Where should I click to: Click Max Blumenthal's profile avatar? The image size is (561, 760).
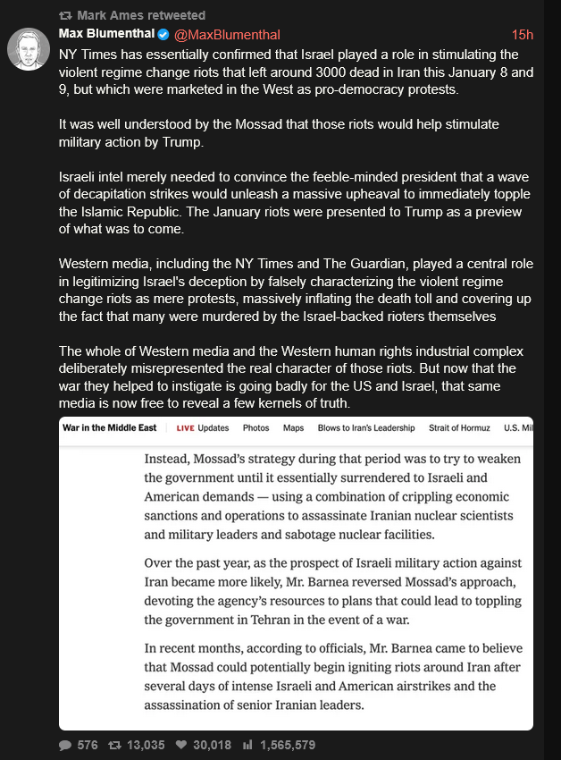pyautogui.click(x=28, y=48)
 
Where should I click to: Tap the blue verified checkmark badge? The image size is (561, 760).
pyautogui.click(x=163, y=35)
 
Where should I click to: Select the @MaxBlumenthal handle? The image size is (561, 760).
pyautogui.click(x=227, y=35)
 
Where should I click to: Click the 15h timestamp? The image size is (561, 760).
pyautogui.click(x=522, y=35)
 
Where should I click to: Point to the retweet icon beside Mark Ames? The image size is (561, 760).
pyautogui.click(x=64, y=15)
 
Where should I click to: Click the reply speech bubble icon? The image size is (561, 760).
pyautogui.click(x=65, y=745)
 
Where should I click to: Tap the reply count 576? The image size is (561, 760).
pyautogui.click(x=87, y=745)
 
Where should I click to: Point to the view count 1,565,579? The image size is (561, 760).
pyautogui.click(x=287, y=745)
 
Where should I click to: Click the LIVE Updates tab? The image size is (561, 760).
pyautogui.click(x=203, y=428)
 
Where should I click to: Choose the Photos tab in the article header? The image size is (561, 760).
pyautogui.click(x=256, y=428)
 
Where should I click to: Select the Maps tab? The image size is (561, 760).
pyautogui.click(x=293, y=428)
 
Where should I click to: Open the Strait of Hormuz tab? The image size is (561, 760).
pyautogui.click(x=459, y=428)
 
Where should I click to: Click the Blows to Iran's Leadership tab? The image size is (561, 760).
pyautogui.click(x=366, y=428)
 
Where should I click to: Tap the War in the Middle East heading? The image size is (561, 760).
pyautogui.click(x=109, y=428)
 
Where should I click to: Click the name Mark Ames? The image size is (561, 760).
pyautogui.click(x=108, y=15)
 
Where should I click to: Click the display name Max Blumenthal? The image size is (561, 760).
pyautogui.click(x=106, y=34)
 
